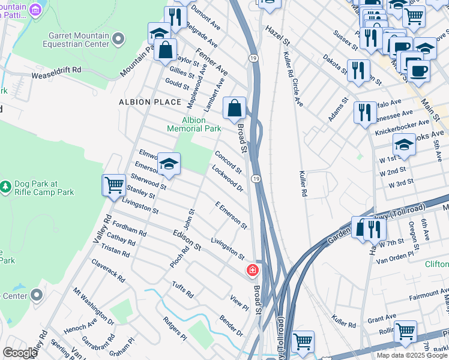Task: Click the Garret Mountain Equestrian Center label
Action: point(75,40)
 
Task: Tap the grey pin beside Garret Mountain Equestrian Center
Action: point(118,40)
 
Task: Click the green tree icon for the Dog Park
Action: point(6,188)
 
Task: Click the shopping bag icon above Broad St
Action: point(235,109)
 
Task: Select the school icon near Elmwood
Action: point(169,164)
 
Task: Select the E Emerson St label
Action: point(231,215)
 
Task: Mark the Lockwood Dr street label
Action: point(228,178)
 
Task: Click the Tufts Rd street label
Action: point(182,290)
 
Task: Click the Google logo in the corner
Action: point(20,353)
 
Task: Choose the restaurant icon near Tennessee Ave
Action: point(365,113)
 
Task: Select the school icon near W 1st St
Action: point(404,145)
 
